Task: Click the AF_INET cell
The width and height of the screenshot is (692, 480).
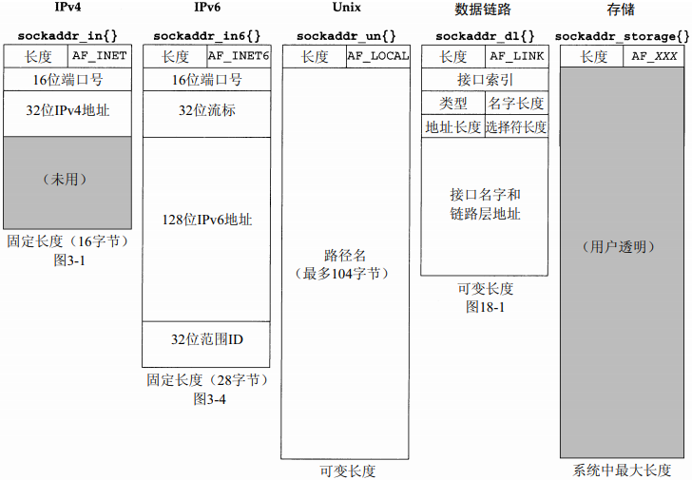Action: pyautogui.click(x=100, y=56)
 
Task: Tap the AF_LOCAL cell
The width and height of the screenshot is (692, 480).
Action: pyautogui.click(x=377, y=56)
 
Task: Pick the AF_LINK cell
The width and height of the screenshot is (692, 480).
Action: pyautogui.click(x=516, y=56)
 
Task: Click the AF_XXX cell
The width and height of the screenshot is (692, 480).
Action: pyautogui.click(x=654, y=56)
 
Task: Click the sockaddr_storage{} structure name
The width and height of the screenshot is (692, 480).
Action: pyautogui.click(x=622, y=36)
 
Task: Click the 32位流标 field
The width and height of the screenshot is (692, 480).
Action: pyautogui.click(x=206, y=110)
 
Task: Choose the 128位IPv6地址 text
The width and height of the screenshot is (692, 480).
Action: pyautogui.click(x=206, y=220)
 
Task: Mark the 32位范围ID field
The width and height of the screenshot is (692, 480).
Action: pyautogui.click(x=206, y=339)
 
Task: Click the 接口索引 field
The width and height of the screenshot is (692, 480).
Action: pyautogui.click(x=485, y=79)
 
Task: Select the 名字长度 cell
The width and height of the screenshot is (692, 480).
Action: pyautogui.click(x=516, y=103)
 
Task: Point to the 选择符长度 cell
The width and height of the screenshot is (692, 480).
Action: pyautogui.click(x=516, y=126)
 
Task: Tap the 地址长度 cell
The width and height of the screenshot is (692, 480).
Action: pyautogui.click(x=452, y=126)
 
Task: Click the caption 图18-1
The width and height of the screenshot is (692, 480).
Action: pyautogui.click(x=485, y=306)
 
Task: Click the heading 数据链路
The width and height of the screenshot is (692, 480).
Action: pyautogui.click(x=485, y=9)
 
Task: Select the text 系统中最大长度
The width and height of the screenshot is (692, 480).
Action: pyautogui.click(x=622, y=470)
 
